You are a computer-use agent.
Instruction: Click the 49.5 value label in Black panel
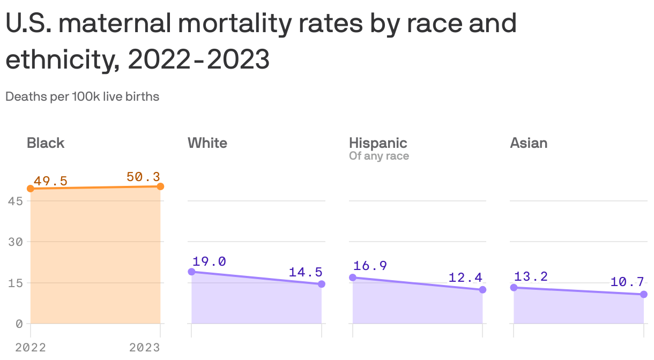pos(50,181)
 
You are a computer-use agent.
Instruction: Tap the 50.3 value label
pos(143,177)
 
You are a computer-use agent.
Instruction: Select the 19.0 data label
pos(209,261)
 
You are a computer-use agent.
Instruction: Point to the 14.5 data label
pos(306,272)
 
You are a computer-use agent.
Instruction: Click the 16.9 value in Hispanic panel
pos(370,266)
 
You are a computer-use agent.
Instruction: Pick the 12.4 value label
pos(466,277)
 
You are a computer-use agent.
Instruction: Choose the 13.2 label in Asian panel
pos(531,276)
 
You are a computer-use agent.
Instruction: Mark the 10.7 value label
pos(627,282)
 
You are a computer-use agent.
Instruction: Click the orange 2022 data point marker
pos(31,189)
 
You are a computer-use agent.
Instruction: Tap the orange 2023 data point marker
pos(160,186)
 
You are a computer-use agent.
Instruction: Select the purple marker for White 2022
pos(191,272)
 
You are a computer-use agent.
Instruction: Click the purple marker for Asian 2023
pos(643,294)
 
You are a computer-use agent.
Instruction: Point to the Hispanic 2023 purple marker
pos(482,290)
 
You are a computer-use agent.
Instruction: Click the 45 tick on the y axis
pos(15,201)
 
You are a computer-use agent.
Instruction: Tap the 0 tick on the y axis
pos(19,324)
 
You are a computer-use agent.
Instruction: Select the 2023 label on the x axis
pos(145,348)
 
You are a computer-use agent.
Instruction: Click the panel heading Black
pos(46,143)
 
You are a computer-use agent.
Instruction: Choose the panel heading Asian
pos(529,143)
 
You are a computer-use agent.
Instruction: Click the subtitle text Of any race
pos(379,156)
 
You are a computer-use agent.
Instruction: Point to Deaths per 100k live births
pos(82,97)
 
